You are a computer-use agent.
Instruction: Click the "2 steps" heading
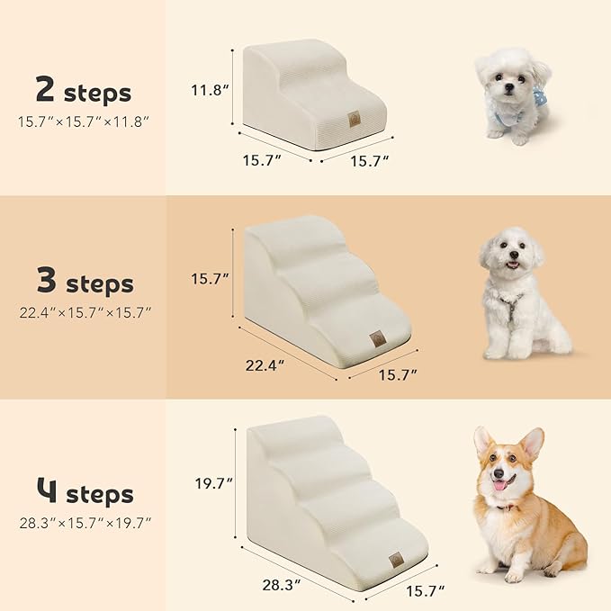83,91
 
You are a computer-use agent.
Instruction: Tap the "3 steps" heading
84,283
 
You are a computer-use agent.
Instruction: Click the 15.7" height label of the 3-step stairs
209,279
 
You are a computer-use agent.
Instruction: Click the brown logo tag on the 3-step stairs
375,339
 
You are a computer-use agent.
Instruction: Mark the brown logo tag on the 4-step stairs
396,559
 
